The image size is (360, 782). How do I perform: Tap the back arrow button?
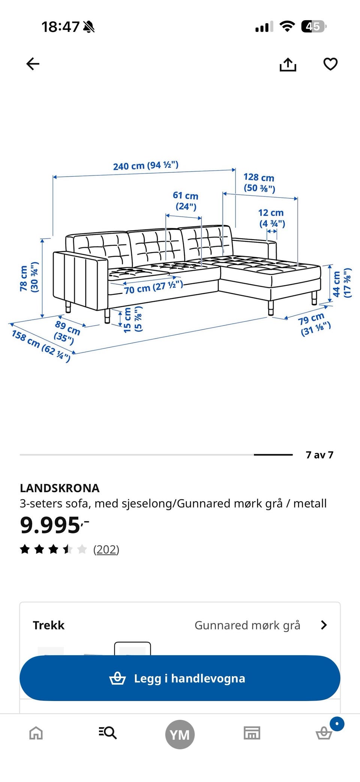point(33,64)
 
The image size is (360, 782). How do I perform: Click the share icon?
point(288,64)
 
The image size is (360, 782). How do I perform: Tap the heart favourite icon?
point(330,64)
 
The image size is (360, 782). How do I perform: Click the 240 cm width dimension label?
point(146,165)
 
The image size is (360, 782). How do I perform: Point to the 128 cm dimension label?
point(259,183)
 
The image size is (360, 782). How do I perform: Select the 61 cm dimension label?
point(186,201)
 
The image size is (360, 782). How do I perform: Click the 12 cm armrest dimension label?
point(271,218)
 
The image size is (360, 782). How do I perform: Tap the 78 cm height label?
point(29,279)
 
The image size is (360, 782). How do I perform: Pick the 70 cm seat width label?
point(153,287)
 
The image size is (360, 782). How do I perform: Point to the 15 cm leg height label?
point(133,320)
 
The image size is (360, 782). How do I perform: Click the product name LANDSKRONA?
point(60,488)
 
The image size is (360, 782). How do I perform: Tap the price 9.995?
point(54,525)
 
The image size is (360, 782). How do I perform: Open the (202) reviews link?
point(106,550)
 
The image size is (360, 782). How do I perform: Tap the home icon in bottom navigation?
point(36,733)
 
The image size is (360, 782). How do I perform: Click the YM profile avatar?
point(180,734)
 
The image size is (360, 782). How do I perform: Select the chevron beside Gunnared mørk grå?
point(324,625)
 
